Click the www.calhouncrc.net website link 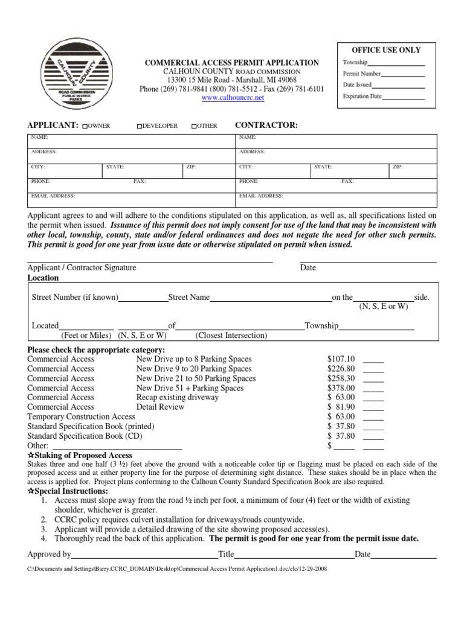tap(233, 98)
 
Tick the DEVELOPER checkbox tap(139, 126)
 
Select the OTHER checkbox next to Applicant tap(193, 126)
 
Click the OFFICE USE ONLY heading tap(382, 50)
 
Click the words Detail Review tap(160, 407)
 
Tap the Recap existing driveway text tap(178, 398)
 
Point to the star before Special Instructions tap(31, 492)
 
